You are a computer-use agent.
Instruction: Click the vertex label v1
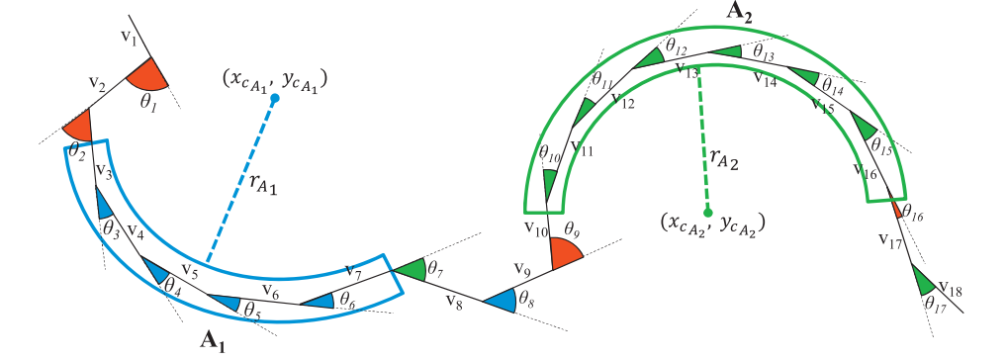click(x=128, y=37)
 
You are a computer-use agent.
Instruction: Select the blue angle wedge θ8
click(x=502, y=299)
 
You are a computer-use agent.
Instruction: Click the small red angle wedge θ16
click(x=897, y=210)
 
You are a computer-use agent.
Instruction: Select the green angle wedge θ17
click(x=926, y=281)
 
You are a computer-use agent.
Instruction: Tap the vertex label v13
click(x=687, y=70)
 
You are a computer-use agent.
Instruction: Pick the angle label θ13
click(x=764, y=47)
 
